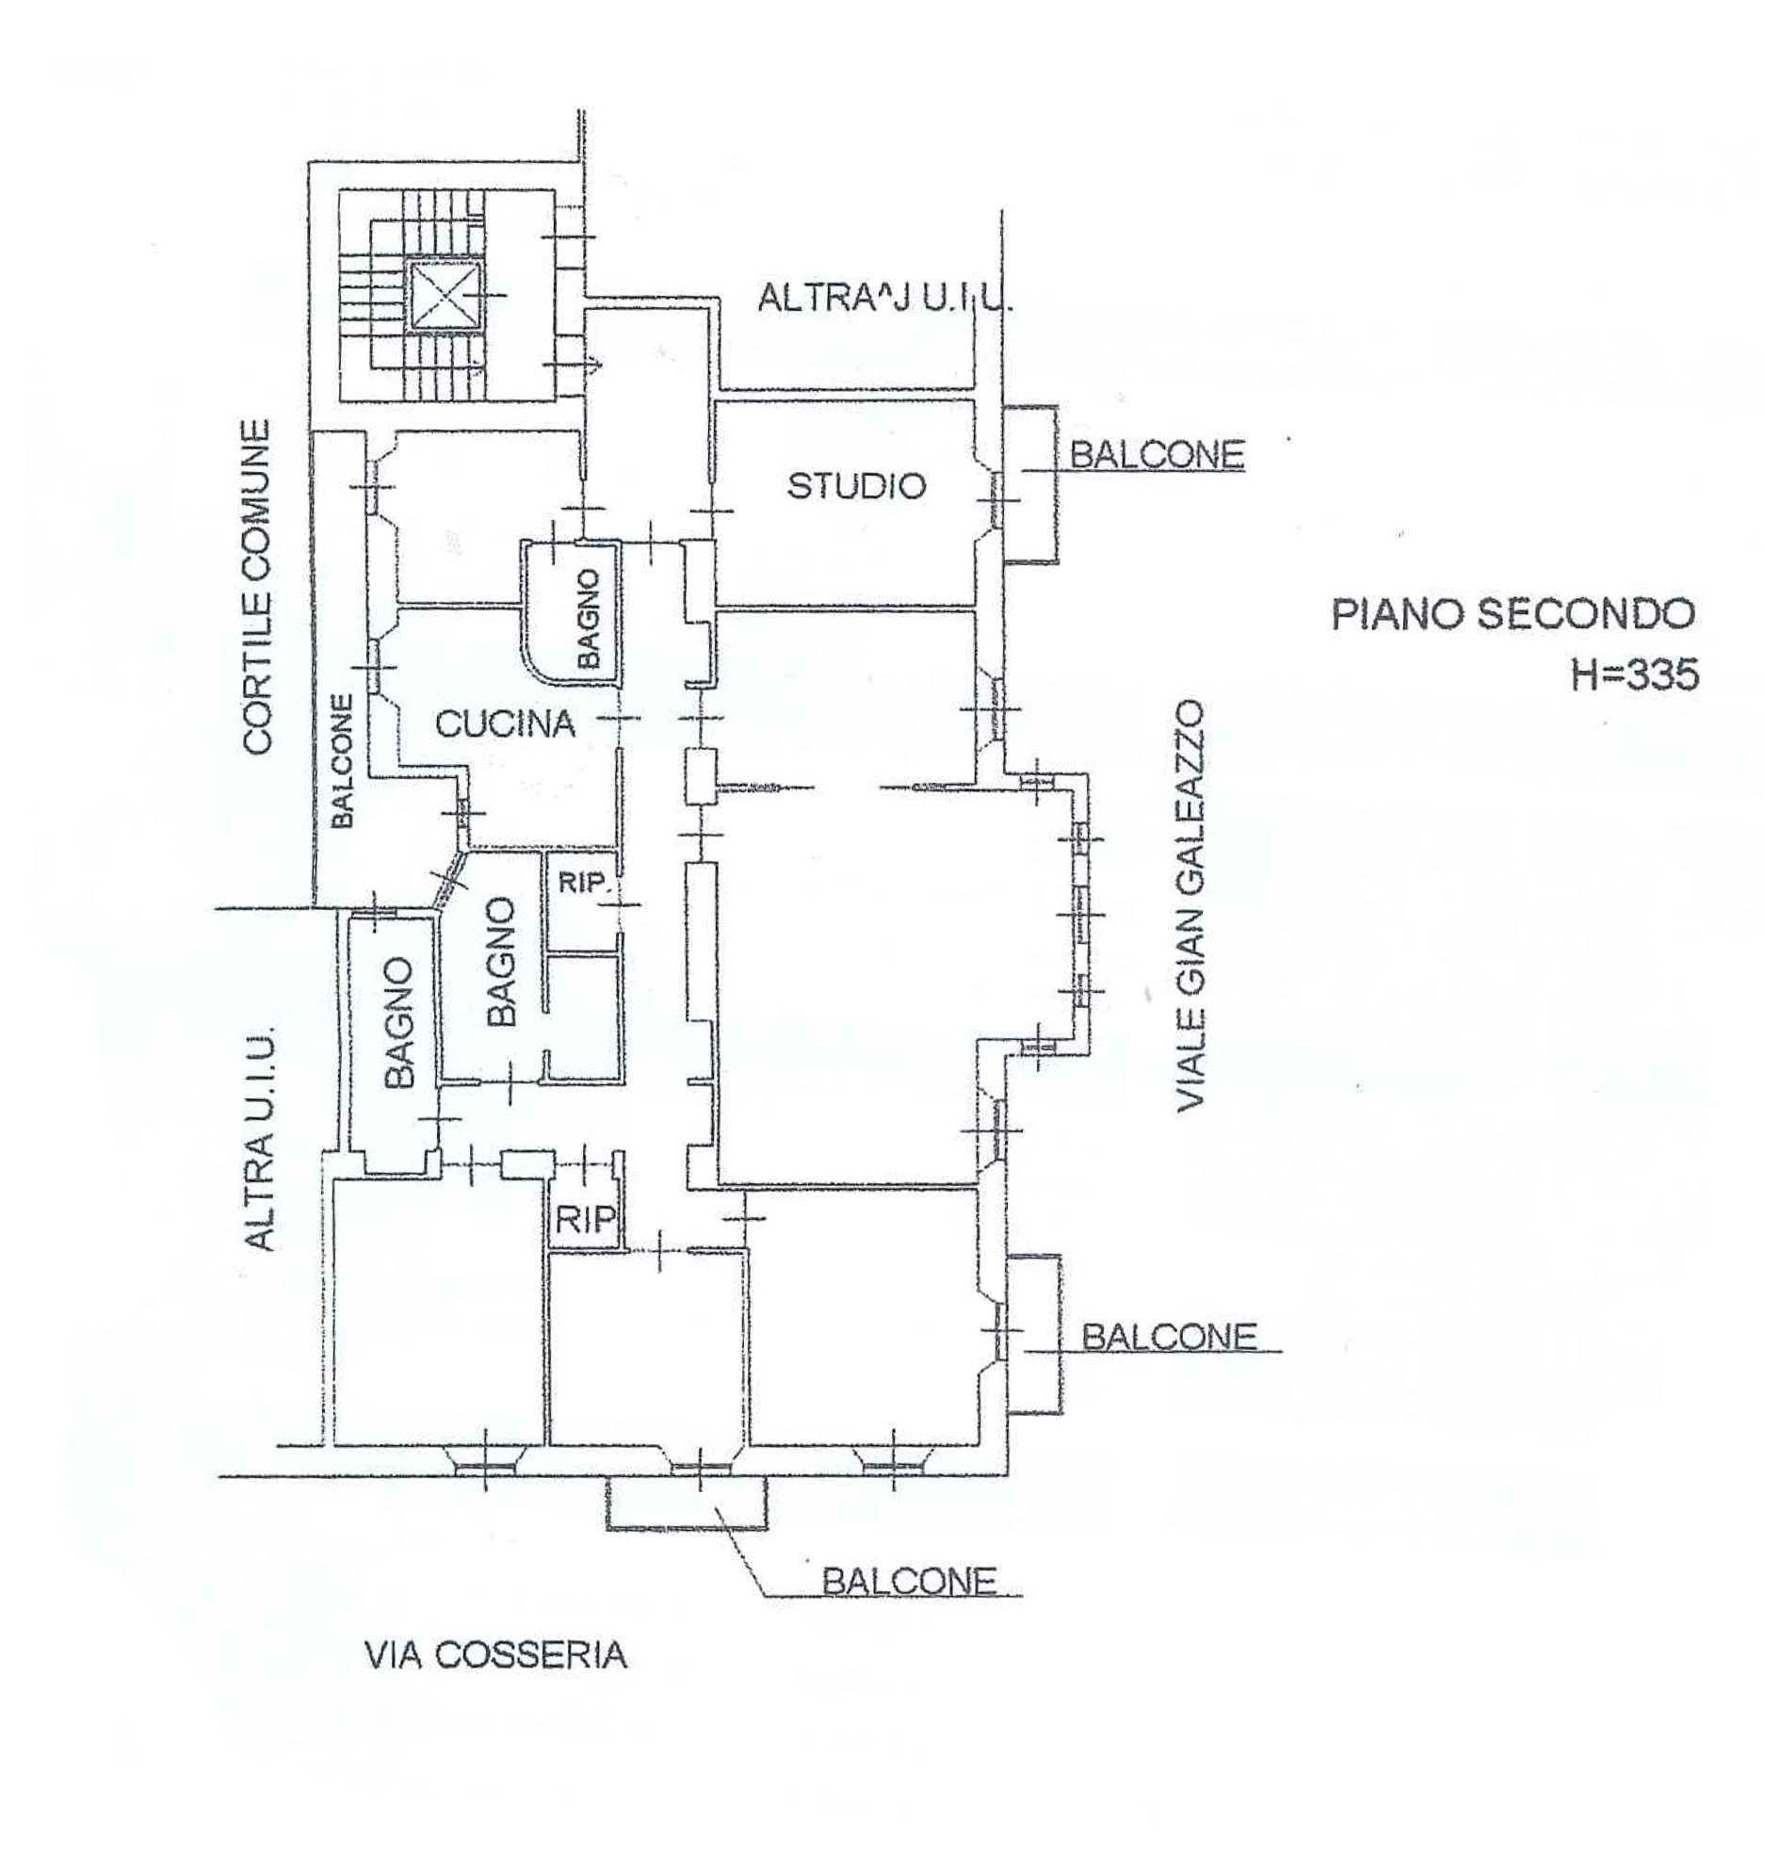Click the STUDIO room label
(856, 486)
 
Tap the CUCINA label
(505, 723)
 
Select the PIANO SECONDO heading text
(1513, 614)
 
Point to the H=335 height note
(1634, 674)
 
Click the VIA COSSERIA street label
(495, 1655)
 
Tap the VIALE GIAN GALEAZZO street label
(1192, 905)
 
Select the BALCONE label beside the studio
(1158, 455)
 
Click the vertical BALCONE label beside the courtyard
(343, 761)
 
